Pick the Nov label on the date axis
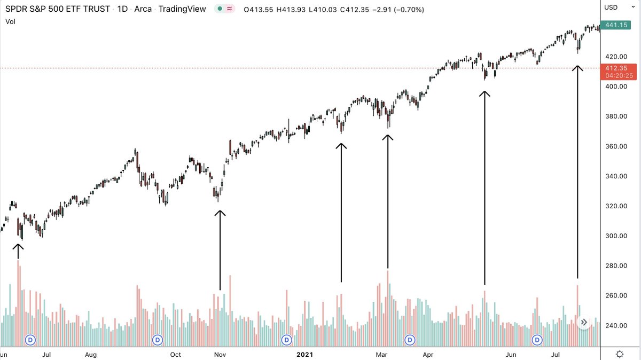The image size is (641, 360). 220,354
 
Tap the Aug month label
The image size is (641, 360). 90,354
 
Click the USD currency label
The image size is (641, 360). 610,7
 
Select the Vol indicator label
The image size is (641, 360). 11,21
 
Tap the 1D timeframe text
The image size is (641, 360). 122,9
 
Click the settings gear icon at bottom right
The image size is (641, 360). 620,354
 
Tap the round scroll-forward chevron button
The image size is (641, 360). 584,322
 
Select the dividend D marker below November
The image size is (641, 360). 158,339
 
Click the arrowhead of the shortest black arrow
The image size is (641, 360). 18,246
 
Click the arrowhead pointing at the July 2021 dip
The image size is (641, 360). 577,67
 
